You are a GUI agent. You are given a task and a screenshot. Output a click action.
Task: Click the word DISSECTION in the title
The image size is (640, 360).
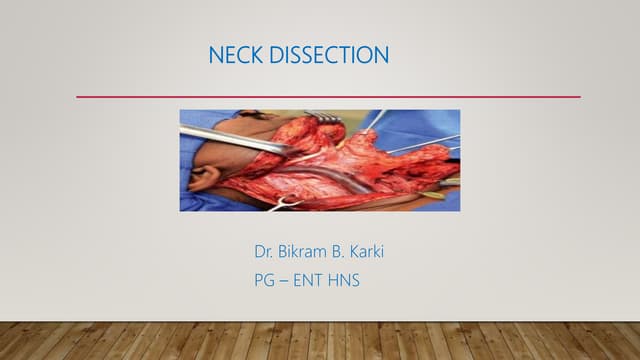[x=329, y=56]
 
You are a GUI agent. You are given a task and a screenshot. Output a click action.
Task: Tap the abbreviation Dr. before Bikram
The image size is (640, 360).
[x=267, y=251]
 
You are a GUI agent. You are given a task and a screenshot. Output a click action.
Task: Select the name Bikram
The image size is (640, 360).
[x=309, y=251]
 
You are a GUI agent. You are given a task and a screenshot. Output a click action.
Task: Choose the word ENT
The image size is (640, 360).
[x=315, y=281]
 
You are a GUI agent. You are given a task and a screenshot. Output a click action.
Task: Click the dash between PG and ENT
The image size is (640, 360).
[x=288, y=281]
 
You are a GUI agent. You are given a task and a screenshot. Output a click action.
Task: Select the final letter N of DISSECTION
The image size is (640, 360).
[x=381, y=56]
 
